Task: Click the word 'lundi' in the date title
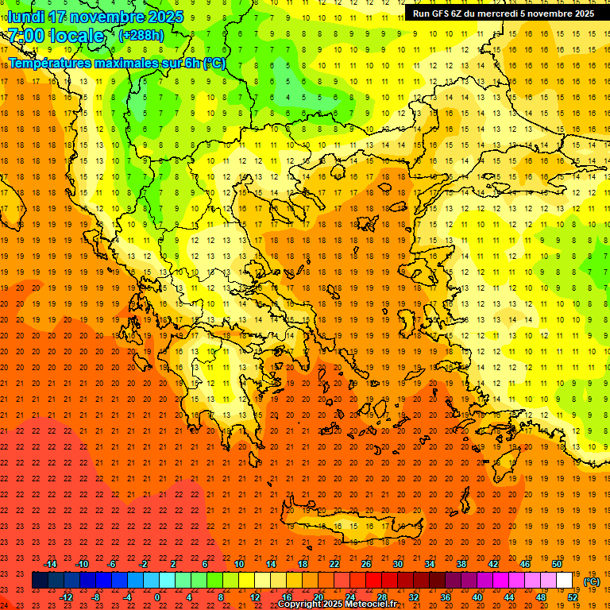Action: pyautogui.click(x=26, y=17)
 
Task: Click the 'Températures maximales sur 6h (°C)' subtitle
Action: pyautogui.click(x=116, y=63)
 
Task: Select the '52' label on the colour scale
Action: pyautogui.click(x=573, y=597)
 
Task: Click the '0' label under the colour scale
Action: pyautogui.click(x=157, y=597)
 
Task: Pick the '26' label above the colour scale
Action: pyautogui.click(x=366, y=564)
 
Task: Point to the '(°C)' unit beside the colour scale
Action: pyautogui.click(x=592, y=581)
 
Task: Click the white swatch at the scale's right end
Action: pyautogui.click(x=564, y=581)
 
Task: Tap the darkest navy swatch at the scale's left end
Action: pyautogui.click(x=40, y=581)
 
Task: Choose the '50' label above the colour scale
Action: pyautogui.click(x=557, y=564)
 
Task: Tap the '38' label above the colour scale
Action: pyautogui.click(x=461, y=564)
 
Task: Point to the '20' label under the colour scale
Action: pyautogui.click(x=318, y=597)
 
